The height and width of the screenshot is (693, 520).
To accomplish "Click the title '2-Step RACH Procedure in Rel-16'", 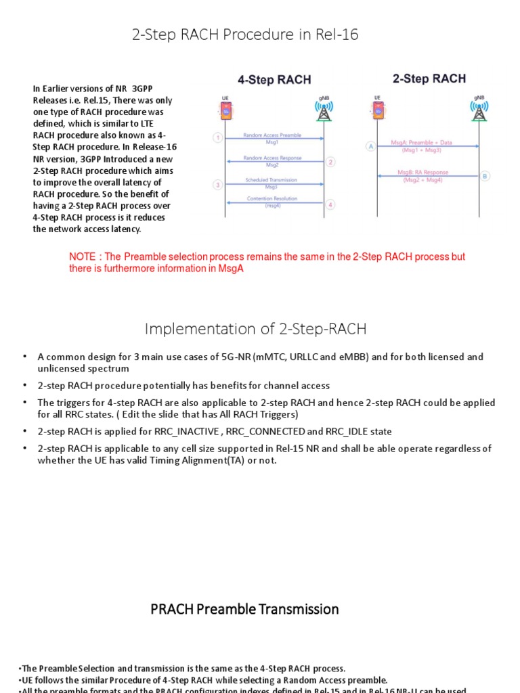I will (x=245, y=35).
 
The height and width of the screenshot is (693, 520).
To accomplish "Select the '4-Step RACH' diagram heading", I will (x=274, y=80).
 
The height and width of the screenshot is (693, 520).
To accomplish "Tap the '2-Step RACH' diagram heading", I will (x=429, y=79).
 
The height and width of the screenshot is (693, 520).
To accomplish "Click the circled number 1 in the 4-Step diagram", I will (x=217, y=138).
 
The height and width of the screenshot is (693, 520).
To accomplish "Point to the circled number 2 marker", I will (x=330, y=162).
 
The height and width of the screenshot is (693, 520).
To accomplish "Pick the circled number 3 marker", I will (x=217, y=184).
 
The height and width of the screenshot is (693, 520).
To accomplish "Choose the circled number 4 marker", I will (x=330, y=204).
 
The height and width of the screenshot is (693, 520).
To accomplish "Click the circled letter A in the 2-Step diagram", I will (x=370, y=146).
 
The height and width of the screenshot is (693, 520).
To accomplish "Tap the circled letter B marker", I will (x=485, y=176).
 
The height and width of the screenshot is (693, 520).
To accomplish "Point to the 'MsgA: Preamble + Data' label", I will (x=422, y=143).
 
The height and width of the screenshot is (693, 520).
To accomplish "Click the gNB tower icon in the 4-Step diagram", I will (x=323, y=111).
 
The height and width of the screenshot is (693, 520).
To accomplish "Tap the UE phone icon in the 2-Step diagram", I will (x=378, y=110).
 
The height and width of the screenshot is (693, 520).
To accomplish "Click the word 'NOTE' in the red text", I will (x=83, y=257).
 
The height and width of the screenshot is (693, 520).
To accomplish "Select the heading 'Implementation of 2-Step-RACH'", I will (x=255, y=329).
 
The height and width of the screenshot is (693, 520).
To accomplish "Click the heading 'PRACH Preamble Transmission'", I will (x=244, y=609).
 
